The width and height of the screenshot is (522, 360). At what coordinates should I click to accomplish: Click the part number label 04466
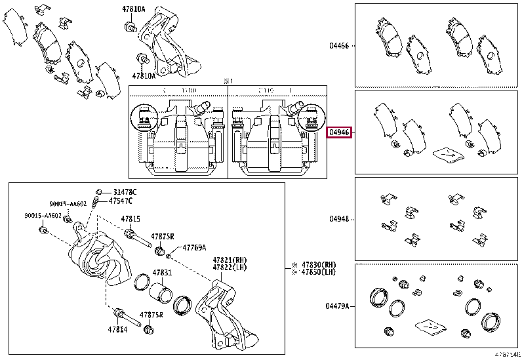339,46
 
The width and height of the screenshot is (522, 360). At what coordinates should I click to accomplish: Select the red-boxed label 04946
339,132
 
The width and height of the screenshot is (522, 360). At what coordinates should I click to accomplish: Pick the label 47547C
121,201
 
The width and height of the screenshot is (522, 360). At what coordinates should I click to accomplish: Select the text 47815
130,219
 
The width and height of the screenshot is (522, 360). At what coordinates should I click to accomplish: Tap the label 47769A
194,248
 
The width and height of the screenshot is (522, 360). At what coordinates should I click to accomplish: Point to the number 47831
162,273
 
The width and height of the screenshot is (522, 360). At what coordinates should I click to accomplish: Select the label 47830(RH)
318,264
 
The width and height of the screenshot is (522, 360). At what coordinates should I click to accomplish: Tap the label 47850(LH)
318,273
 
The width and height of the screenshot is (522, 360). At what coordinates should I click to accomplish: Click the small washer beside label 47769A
170,255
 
